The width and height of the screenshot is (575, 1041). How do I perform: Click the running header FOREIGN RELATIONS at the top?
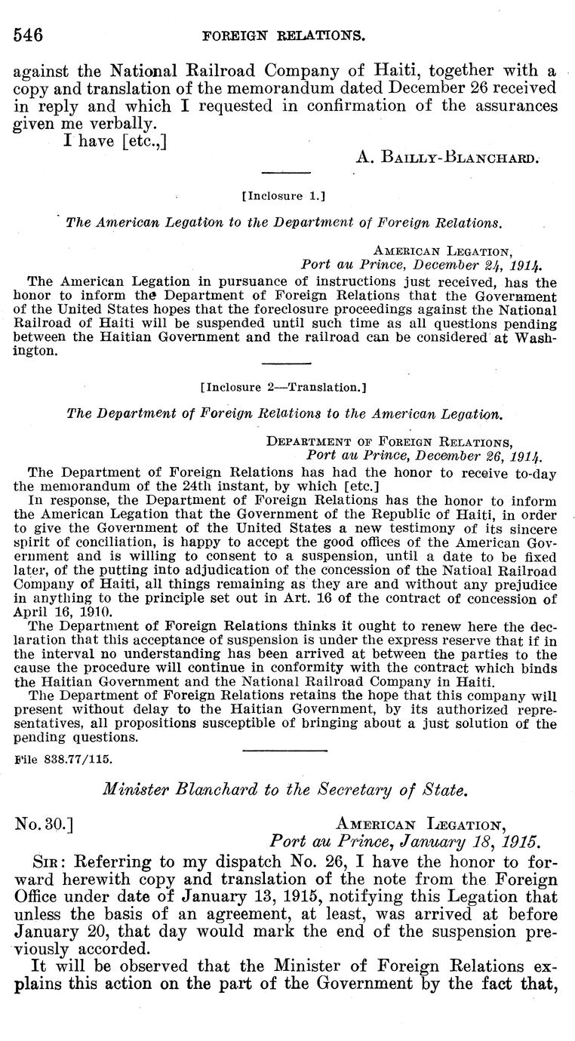[x=286, y=35]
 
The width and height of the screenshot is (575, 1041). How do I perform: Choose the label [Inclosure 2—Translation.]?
[x=284, y=388]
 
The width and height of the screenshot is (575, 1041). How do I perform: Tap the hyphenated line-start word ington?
[x=33, y=351]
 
